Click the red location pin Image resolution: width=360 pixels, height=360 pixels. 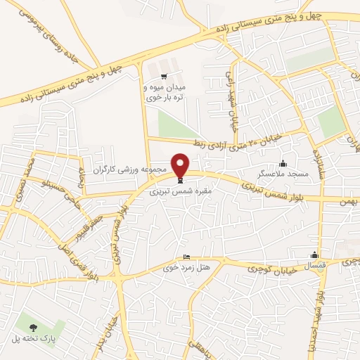point(181,165)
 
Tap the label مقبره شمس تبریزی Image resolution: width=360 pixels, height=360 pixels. point(181,191)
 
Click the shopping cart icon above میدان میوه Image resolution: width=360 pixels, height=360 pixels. point(164,77)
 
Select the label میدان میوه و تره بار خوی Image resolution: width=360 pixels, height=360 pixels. point(163,91)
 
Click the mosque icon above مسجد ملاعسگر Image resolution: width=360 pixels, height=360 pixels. point(283,163)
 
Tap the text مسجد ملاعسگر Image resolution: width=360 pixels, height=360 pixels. point(280,173)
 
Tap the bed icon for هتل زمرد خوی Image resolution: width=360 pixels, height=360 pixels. point(186,257)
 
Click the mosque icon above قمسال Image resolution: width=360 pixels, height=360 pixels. point(314,255)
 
